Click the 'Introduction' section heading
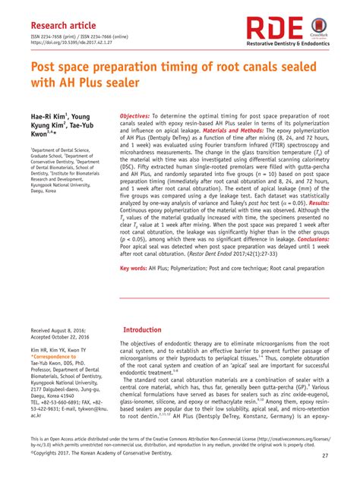coord(141,331)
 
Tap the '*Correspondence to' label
coord(53,356)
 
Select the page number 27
coord(325,455)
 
